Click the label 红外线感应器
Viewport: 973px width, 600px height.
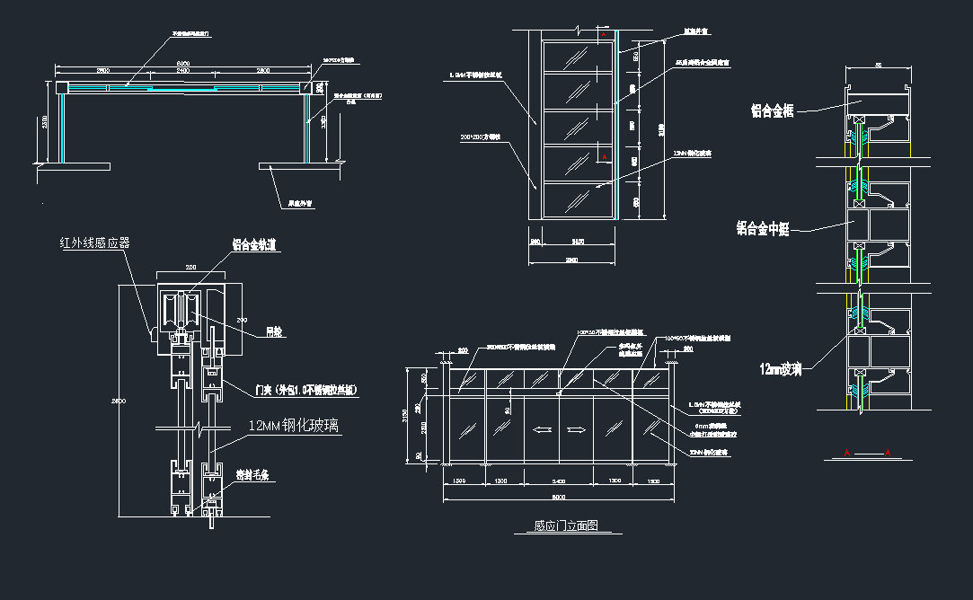[94, 243]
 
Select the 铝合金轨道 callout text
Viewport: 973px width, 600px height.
[256, 244]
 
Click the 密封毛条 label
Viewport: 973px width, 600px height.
[254, 474]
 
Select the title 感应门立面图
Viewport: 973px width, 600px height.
[566, 526]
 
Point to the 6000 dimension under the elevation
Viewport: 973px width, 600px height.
[558, 497]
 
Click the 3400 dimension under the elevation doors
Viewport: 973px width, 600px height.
[558, 482]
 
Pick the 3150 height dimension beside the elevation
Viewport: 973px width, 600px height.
[407, 417]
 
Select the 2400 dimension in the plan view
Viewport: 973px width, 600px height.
[182, 70]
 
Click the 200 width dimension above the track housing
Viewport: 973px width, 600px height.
[190, 268]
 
